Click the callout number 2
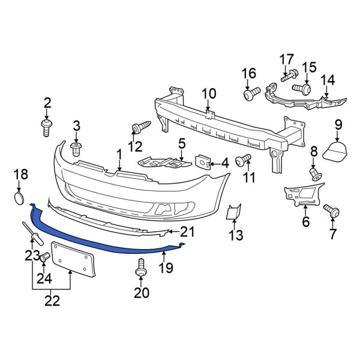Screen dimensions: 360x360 tap(47, 104)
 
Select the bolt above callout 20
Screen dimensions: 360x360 tap(141, 268)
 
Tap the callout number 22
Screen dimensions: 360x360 tap(52, 301)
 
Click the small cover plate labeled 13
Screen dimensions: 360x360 tap(233, 212)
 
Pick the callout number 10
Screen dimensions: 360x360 tap(208, 94)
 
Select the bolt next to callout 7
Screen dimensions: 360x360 tap(331, 211)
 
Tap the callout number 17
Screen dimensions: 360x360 tap(286, 60)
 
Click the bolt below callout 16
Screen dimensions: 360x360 tap(251, 94)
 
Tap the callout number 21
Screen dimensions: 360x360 tap(188, 231)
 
